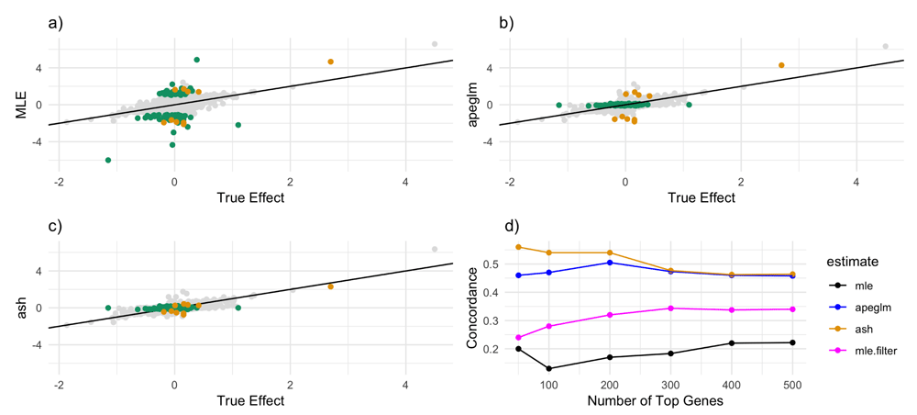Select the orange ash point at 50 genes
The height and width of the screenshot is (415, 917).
pos(518,247)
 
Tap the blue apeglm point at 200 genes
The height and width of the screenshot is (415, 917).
pos(610,263)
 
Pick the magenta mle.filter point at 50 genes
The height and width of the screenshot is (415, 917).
pos(518,338)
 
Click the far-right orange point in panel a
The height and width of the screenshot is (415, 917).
pos(330,62)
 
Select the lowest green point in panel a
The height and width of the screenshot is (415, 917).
pos(108,160)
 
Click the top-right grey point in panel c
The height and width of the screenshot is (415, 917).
pos(435,249)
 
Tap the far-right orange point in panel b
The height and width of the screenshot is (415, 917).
pos(781,65)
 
